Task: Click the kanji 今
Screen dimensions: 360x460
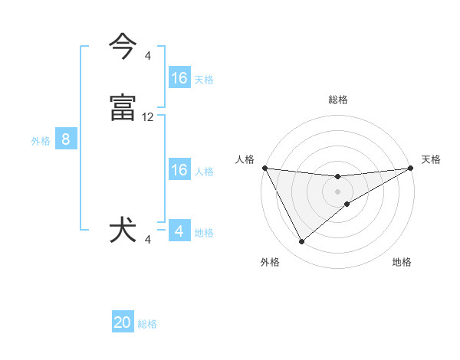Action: coord(123,47)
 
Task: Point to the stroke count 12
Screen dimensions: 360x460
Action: coord(148,117)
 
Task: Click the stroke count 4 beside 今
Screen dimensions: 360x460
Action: coord(148,55)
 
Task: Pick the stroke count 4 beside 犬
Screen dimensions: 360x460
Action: coord(148,241)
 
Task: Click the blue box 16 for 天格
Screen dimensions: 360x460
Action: coord(179,78)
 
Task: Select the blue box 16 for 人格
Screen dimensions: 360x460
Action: coord(179,170)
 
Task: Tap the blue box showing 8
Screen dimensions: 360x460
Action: coord(66,139)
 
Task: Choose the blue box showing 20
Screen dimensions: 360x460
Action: coord(123,322)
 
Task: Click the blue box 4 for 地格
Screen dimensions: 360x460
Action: coord(179,231)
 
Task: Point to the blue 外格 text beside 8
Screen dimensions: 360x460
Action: coord(40,141)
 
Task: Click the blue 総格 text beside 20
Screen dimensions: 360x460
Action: coord(147,324)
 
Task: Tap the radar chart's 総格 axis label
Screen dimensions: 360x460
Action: coord(338,100)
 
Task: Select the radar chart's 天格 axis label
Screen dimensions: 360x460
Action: coord(431,159)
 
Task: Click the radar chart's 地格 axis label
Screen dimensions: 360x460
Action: coord(402,263)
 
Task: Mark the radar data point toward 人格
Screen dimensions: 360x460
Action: coord(264,168)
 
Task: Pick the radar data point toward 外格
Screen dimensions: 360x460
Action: coord(301,242)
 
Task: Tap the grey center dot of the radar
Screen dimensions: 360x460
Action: coord(338,191)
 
